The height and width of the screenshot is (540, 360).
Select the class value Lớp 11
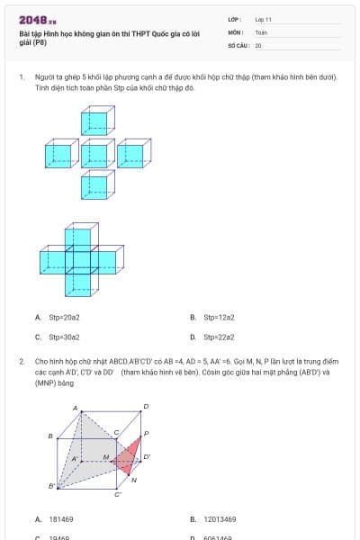point(264,19)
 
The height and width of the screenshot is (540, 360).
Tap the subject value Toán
point(261,31)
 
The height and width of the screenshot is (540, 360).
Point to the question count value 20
point(258,44)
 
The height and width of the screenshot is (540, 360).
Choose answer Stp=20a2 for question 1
point(64,318)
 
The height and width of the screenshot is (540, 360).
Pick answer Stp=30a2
point(64,337)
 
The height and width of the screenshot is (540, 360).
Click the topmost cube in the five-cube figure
point(96,121)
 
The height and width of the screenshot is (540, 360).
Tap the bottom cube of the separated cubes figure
point(96,185)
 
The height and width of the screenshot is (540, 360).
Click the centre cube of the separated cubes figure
point(96,153)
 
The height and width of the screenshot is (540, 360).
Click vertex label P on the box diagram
point(147,434)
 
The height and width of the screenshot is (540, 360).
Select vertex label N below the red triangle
point(134,480)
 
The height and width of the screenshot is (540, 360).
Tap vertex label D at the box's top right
point(146,408)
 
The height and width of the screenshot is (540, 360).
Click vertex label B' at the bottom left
point(51,487)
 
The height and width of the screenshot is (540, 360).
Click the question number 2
point(21,360)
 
